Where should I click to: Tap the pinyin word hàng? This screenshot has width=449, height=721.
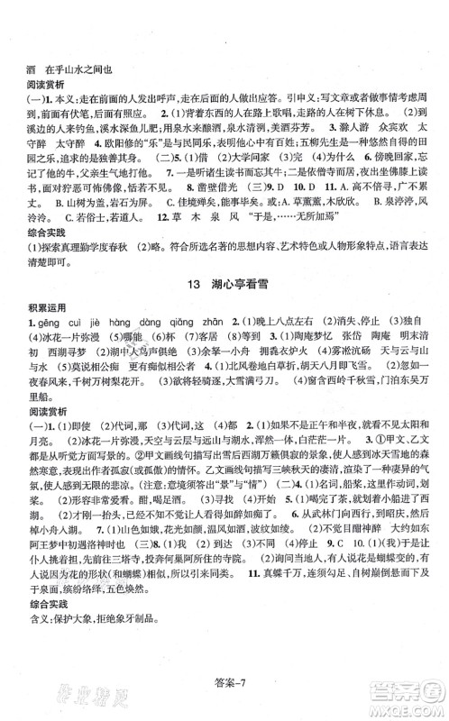118,327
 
